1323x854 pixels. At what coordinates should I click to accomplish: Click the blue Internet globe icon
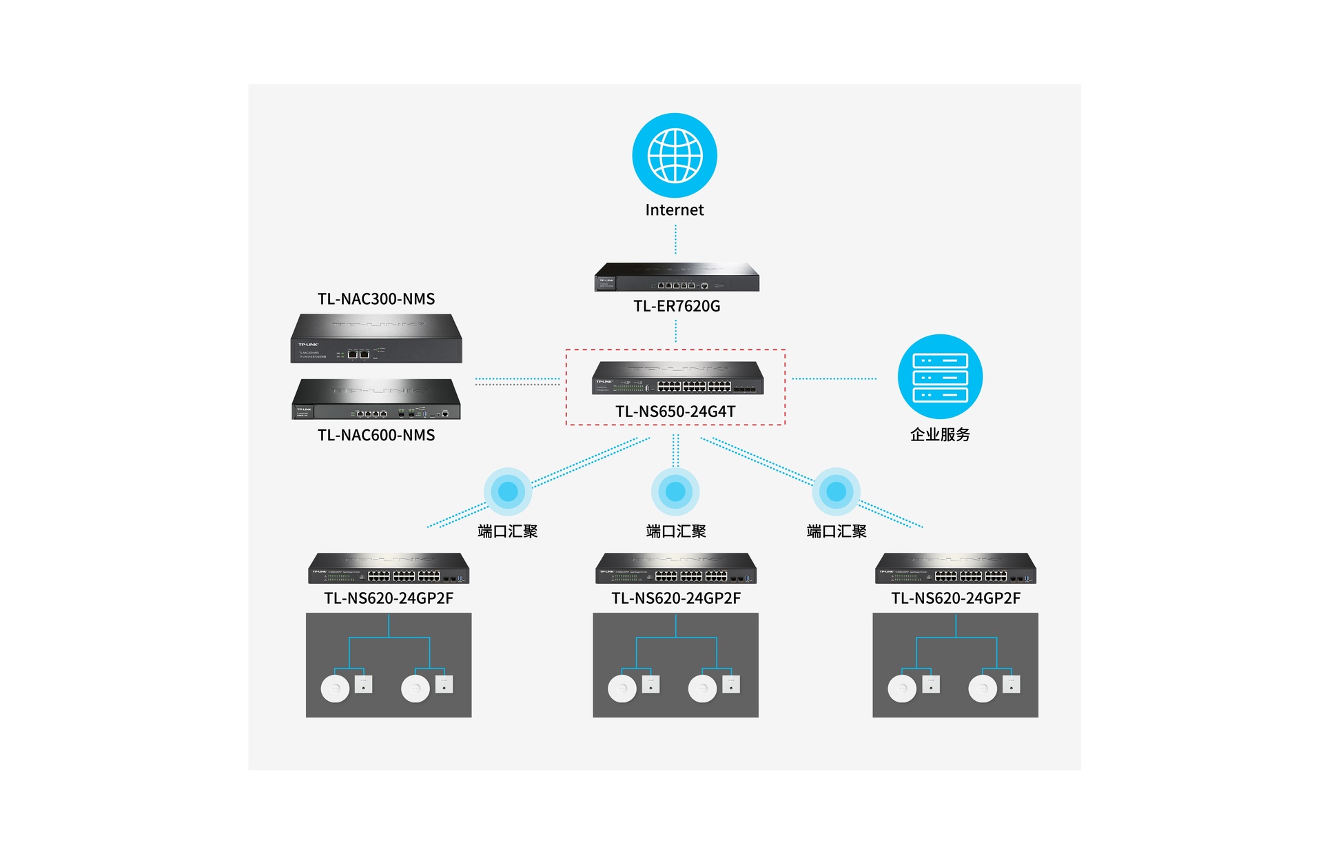[x=675, y=155]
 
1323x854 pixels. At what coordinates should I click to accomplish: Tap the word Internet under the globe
[x=675, y=210]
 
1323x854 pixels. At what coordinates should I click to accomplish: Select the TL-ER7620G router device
[x=677, y=277]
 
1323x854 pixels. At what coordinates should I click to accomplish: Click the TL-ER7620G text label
[x=677, y=306]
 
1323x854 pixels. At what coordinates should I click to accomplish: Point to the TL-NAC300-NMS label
[x=376, y=298]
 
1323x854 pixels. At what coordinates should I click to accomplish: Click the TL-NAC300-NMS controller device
[x=376, y=338]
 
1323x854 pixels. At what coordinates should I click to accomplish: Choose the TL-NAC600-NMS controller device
[x=376, y=399]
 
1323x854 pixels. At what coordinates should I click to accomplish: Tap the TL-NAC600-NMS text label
[x=376, y=435]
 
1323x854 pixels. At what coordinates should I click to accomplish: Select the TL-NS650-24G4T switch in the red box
[x=678, y=378]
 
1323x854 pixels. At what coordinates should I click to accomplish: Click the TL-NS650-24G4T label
[x=675, y=411]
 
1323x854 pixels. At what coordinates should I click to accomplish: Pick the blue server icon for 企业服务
[x=940, y=376]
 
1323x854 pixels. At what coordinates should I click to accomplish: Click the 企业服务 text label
[x=940, y=434]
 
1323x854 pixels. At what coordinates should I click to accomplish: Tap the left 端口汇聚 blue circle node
[x=508, y=491]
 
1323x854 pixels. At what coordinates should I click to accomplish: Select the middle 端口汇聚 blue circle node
[x=675, y=491]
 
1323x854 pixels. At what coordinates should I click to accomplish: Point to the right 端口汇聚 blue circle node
[x=836, y=491]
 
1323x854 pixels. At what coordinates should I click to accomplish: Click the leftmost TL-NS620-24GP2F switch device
[x=389, y=568]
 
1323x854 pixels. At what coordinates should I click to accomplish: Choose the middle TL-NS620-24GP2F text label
[x=676, y=598]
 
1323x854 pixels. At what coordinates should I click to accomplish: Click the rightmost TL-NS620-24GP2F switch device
[x=956, y=568]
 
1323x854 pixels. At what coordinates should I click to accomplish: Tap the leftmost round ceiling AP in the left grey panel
[x=336, y=689]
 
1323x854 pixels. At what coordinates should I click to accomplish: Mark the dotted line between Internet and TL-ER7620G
[x=675, y=239]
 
